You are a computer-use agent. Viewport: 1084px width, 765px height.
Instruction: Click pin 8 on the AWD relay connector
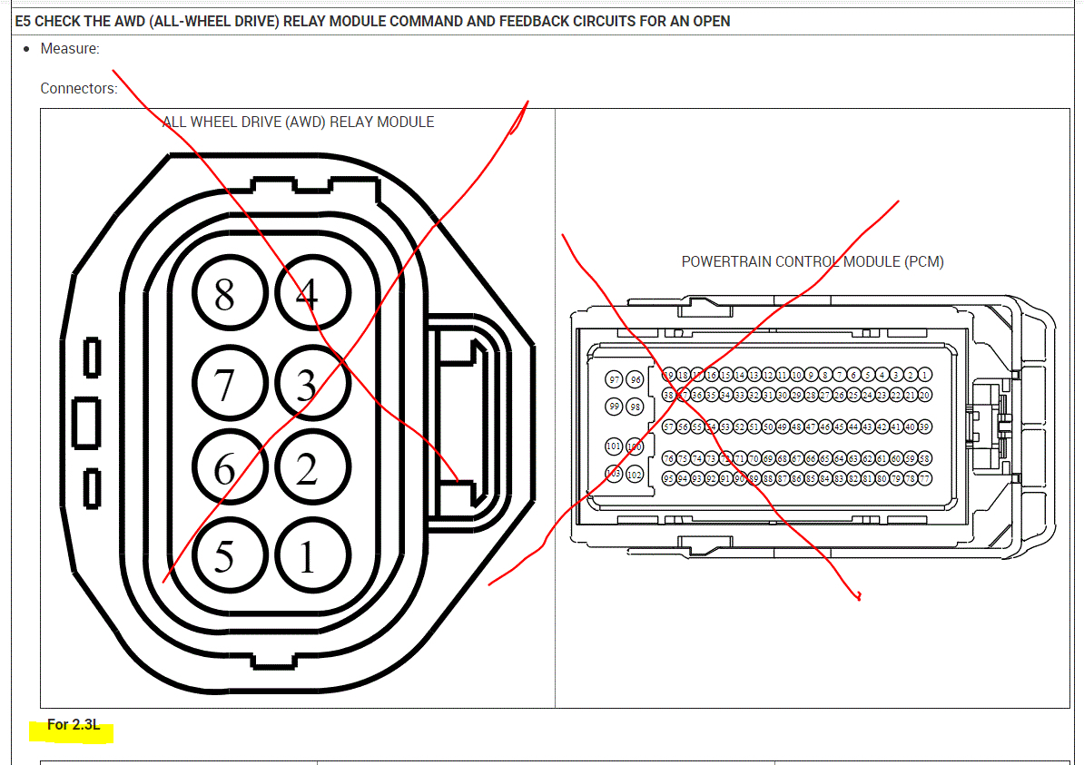(x=224, y=294)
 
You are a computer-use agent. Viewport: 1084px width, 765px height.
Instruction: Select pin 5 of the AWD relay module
(x=224, y=555)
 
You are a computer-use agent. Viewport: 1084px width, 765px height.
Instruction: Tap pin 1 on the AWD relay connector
(x=307, y=555)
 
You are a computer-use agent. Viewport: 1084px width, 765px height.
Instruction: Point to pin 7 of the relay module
(x=224, y=385)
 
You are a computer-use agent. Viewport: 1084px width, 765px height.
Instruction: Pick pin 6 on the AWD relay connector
(x=224, y=469)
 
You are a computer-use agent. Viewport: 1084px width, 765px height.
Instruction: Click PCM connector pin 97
(x=615, y=380)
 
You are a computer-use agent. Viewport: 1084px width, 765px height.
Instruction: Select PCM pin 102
(x=635, y=474)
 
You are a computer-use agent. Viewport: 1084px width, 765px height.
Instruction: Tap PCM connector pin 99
(x=615, y=407)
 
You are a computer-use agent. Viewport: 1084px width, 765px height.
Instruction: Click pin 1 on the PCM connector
(x=924, y=375)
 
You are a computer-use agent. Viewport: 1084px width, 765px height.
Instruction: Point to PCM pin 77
(x=924, y=478)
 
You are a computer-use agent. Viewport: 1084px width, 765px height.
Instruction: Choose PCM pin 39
(x=924, y=427)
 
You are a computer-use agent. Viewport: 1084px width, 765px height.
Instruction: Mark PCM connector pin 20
(x=924, y=395)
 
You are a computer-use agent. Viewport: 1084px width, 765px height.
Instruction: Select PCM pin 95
(x=669, y=478)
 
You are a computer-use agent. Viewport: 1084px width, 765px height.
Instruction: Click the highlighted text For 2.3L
(x=74, y=725)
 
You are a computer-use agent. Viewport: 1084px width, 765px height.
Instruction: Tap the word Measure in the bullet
(x=69, y=48)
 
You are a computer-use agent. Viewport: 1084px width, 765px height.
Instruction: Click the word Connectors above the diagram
(x=78, y=88)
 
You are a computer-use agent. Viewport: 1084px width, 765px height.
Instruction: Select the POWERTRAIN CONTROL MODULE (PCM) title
(x=813, y=261)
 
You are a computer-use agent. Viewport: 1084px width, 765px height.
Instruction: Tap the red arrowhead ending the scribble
(x=857, y=596)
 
